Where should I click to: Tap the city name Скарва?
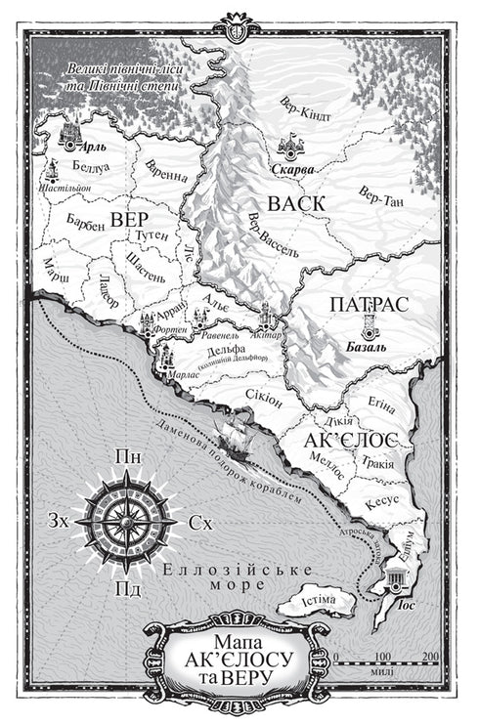290,169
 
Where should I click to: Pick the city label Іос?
411,605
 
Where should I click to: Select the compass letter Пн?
125,457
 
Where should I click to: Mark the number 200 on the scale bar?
430,657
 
